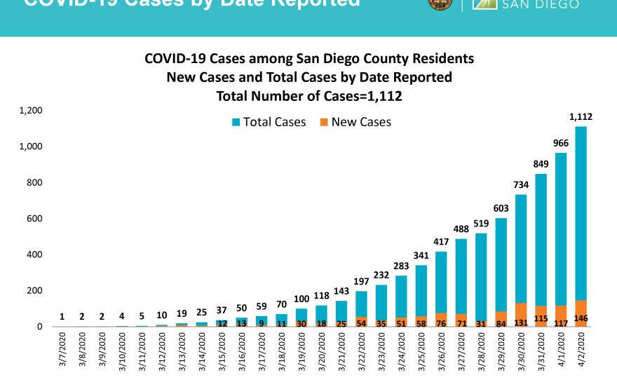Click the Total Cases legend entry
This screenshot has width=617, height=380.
point(269,122)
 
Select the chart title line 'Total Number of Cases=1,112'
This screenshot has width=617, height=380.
point(309,95)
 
